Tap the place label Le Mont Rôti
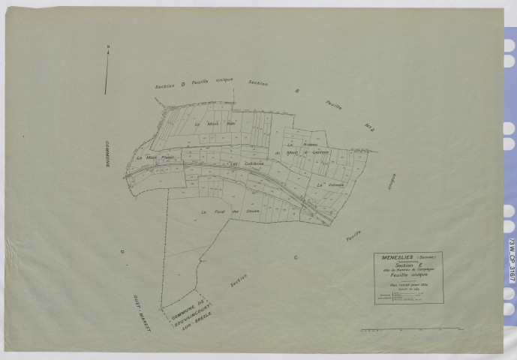click(205, 123)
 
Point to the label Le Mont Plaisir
click(155, 157)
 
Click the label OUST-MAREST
click(134, 306)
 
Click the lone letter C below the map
click(296, 257)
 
